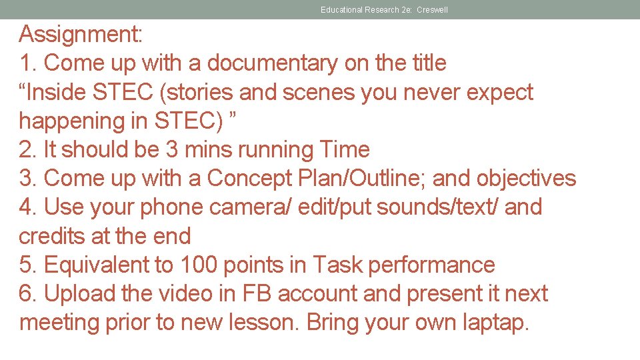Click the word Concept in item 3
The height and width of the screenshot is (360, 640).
tap(249, 179)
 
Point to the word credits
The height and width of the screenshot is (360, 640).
tap(55, 236)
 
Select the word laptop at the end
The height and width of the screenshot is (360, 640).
tap(495, 323)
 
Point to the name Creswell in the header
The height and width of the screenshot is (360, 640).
tap(432, 10)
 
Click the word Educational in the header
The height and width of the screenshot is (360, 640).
tap(341, 10)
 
